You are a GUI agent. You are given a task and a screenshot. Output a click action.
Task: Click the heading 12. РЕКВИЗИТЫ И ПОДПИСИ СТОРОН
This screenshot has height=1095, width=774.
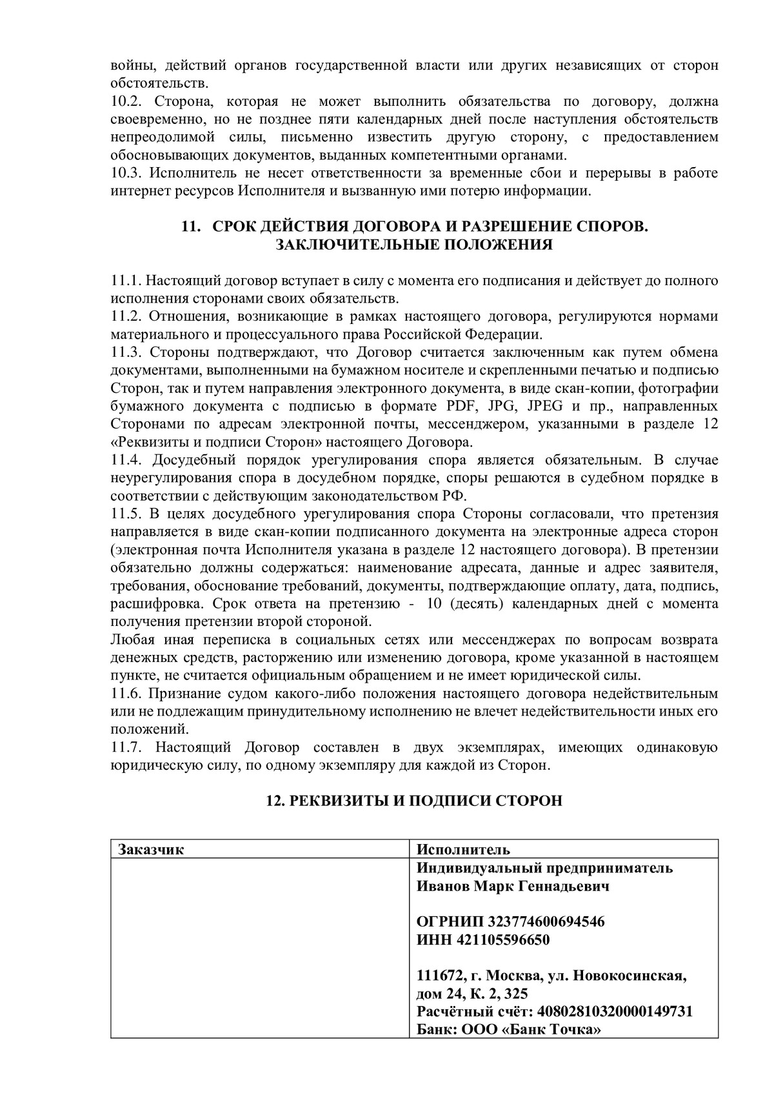pyautogui.click(x=414, y=801)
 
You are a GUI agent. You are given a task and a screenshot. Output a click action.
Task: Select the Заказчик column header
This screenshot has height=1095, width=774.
pyautogui.click(x=151, y=849)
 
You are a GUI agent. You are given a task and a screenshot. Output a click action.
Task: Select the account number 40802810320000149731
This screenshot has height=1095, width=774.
pyautogui.click(x=615, y=1011)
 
